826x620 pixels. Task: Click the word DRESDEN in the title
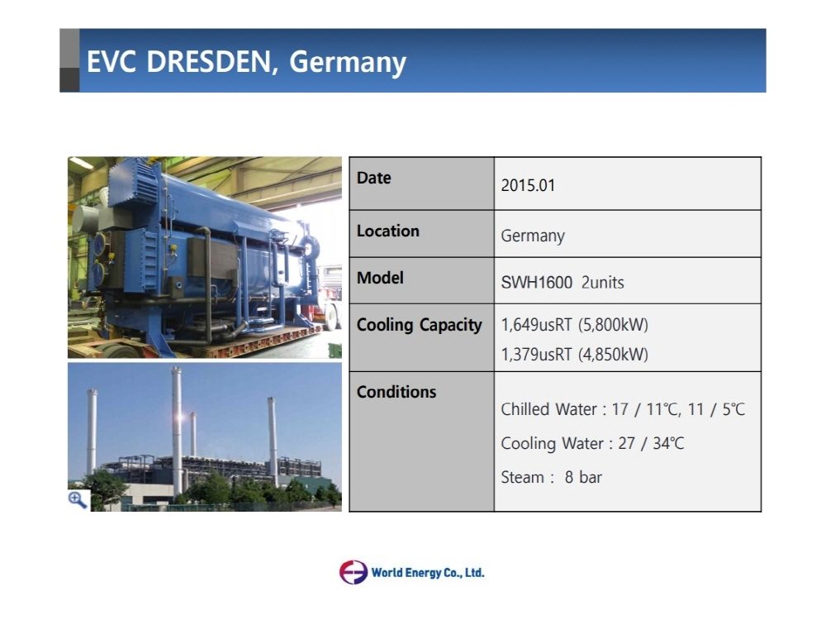point(209,62)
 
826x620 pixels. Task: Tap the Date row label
point(373,178)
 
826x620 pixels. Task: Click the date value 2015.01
point(528,185)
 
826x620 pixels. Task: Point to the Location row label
point(387,231)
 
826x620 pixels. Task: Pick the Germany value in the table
point(533,236)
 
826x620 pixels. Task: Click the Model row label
point(380,278)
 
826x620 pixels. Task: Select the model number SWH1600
point(536,283)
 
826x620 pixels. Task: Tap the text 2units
point(603,283)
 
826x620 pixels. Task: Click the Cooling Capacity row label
point(420,325)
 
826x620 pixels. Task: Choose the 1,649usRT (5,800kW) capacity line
point(574,325)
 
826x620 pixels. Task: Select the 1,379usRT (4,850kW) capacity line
point(574,355)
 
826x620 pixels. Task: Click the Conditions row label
point(396,392)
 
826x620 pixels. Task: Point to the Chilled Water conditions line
point(623,409)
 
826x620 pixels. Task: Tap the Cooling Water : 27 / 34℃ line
point(592,443)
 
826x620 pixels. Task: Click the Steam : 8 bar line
point(551,477)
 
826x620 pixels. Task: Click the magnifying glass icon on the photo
point(78,500)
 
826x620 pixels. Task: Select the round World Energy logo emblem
point(353,572)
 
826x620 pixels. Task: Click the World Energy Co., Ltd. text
point(428,573)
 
